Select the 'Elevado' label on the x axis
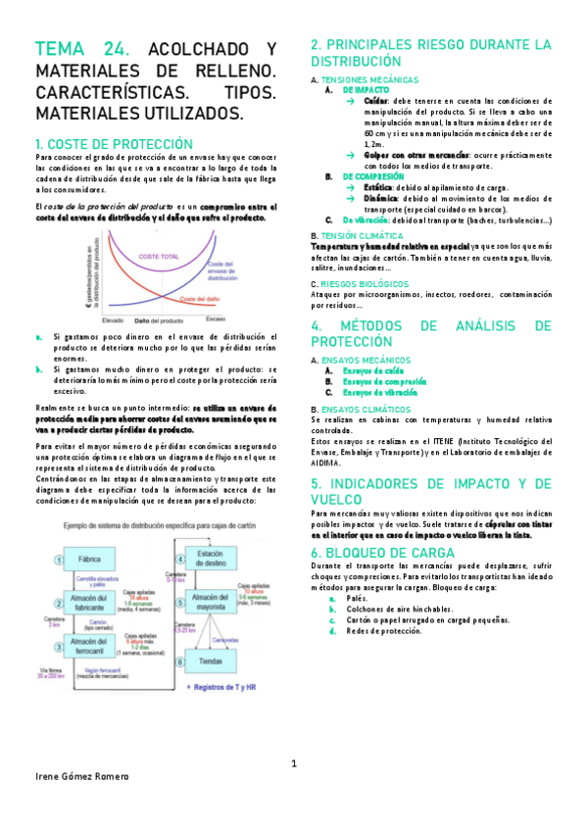[x=113, y=320]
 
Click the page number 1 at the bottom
[x=293, y=762]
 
